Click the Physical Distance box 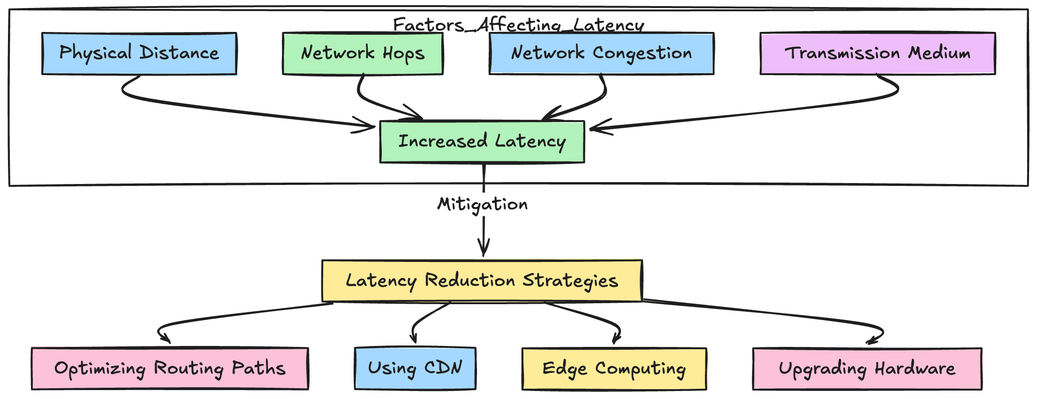pos(139,54)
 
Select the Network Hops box pos(363,54)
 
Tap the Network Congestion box pos(601,54)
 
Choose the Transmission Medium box pos(877,54)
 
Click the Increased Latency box pos(482,142)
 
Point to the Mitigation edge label pos(482,204)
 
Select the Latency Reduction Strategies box pos(482,281)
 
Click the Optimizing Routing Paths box pos(170,369)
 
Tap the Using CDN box pos(415,369)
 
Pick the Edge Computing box pos(614,369)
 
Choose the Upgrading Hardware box pos(867,369)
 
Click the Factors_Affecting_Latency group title pos(518,25)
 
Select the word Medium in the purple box pos(939,54)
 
